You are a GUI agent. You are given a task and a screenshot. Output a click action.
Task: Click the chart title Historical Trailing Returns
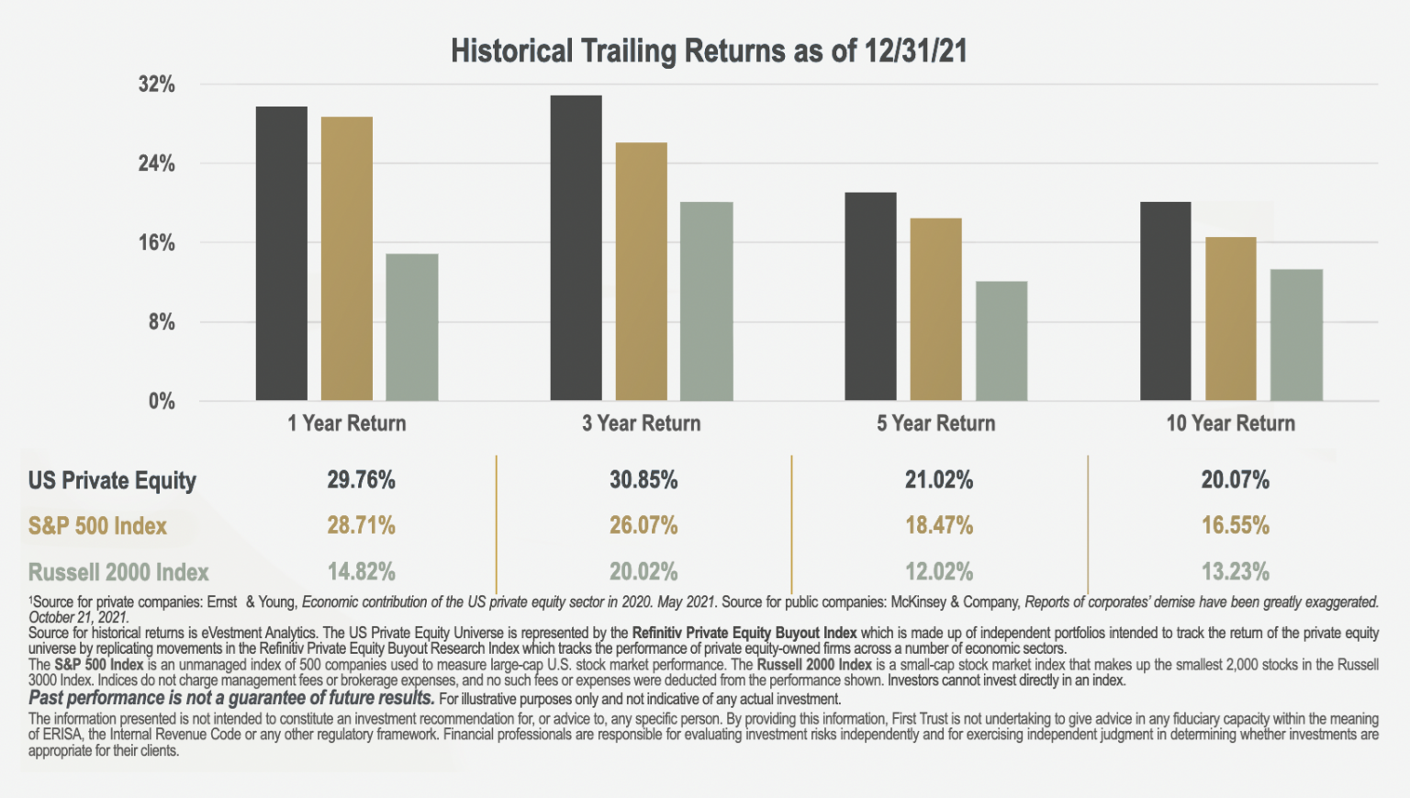(709, 51)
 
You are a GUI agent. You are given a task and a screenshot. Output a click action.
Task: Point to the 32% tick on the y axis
(157, 84)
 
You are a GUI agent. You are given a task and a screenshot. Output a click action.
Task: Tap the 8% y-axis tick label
(162, 322)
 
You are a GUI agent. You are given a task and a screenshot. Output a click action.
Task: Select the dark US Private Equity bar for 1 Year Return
(282, 253)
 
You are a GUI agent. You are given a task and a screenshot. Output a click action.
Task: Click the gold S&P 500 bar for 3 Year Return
(642, 272)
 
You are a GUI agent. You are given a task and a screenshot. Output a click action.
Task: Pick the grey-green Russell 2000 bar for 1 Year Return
(412, 327)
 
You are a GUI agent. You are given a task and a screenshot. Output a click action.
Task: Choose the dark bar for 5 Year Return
(870, 297)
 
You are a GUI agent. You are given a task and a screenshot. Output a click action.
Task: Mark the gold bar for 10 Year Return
(1231, 319)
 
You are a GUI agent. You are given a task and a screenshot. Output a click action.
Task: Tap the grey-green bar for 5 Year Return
(1002, 341)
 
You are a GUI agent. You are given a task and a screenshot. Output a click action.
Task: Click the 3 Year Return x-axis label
(642, 423)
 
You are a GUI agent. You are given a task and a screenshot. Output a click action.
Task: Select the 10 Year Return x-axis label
(1231, 423)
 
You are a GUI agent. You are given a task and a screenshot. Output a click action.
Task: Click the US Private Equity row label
(112, 480)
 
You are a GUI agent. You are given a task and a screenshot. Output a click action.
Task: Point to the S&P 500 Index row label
(97, 526)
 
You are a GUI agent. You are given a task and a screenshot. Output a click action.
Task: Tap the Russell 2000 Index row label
(118, 572)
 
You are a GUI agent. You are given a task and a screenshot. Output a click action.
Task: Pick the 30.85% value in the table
(643, 480)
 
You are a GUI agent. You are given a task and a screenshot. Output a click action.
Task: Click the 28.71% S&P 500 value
(362, 526)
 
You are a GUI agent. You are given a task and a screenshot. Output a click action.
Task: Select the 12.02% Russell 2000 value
(939, 572)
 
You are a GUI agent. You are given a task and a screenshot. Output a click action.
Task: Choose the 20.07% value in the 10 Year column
(1236, 480)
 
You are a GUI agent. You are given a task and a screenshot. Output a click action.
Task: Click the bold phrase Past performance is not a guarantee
(231, 698)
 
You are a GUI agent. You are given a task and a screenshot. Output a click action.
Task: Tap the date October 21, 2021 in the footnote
(78, 618)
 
